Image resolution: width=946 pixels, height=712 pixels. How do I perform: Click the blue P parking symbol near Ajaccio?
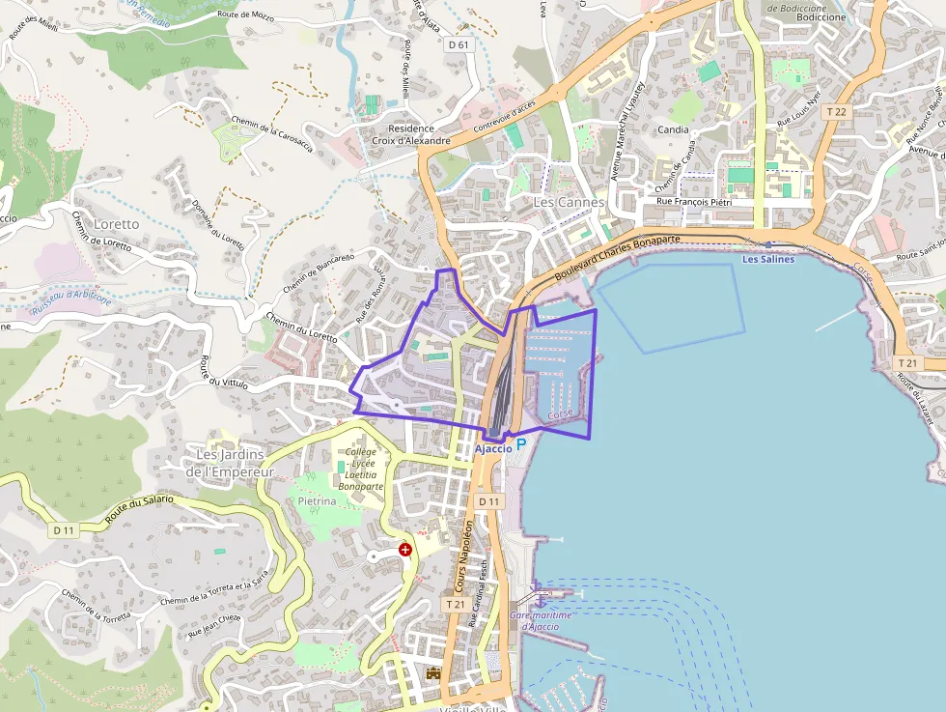tap(521, 444)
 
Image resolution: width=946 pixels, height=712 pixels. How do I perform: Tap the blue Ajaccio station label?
tap(493, 448)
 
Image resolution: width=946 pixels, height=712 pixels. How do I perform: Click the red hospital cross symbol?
tap(405, 550)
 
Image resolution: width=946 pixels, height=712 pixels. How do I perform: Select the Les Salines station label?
tap(768, 259)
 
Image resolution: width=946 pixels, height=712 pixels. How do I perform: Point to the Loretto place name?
tap(117, 224)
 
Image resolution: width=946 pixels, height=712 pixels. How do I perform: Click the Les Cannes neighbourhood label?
tap(569, 203)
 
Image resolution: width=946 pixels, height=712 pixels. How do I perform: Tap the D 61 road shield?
tap(459, 44)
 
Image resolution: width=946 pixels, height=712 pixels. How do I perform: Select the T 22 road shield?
tap(836, 112)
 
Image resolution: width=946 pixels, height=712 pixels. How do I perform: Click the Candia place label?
tap(673, 129)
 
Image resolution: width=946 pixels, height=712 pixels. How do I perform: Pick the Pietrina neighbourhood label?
tap(317, 502)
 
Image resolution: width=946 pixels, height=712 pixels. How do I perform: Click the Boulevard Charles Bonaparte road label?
tap(619, 255)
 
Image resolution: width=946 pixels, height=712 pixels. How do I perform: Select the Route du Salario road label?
tap(139, 509)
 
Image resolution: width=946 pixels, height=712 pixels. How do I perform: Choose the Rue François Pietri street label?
tap(693, 201)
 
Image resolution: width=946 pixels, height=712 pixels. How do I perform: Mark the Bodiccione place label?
tap(821, 17)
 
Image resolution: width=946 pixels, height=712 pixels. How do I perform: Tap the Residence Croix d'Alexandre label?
tap(411, 134)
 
